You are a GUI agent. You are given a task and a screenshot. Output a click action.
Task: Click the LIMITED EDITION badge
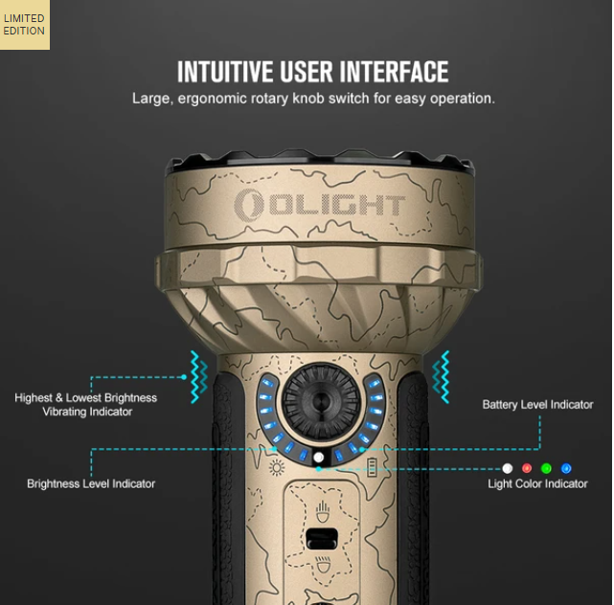coord(24,25)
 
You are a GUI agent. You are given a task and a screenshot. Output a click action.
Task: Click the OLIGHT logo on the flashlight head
coord(321,204)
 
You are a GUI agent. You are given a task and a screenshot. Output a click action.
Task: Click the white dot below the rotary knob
coord(319,459)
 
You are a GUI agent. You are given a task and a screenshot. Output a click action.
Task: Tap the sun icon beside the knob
coord(277,467)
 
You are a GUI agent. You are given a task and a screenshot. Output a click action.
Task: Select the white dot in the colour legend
coord(508,468)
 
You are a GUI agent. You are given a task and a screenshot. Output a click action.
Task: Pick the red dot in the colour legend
coord(527,468)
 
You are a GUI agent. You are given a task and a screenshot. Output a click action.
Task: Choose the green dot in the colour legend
coord(546,468)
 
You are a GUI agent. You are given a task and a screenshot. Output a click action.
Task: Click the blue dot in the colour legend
coord(566,468)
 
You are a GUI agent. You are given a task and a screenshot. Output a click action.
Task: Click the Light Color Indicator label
coord(537,484)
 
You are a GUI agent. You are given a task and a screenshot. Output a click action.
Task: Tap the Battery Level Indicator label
coord(537,405)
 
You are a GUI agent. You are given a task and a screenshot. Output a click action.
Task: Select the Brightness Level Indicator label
coord(91,484)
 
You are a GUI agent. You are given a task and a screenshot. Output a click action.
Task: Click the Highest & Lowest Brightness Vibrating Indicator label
coord(86,404)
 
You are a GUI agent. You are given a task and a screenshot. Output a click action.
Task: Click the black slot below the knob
coord(319,535)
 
